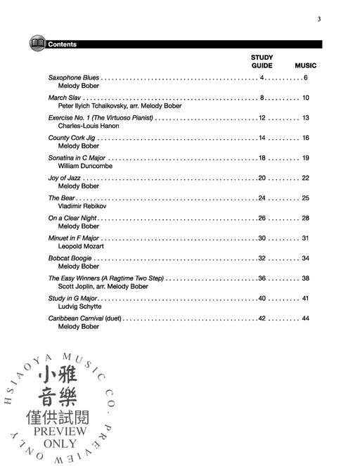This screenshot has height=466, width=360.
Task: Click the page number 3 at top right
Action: click(319, 19)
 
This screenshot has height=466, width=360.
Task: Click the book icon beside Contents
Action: click(37, 44)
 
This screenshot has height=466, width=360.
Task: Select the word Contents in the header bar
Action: click(63, 44)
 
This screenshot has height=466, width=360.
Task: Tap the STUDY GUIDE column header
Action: click(262, 61)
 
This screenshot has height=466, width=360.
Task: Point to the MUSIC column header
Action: click(305, 65)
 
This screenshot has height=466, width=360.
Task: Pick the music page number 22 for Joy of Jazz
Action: click(305, 179)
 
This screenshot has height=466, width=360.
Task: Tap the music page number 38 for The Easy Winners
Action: click(305, 278)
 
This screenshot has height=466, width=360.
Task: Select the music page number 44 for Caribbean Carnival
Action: click(305, 318)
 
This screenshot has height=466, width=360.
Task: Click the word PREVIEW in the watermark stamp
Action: click(59, 431)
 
